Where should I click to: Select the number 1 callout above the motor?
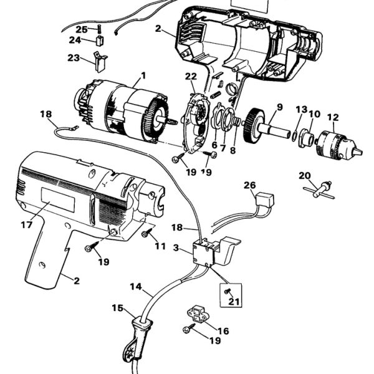pos(143,76)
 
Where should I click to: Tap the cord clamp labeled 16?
pos(198,315)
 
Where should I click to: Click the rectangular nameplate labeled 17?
pos(59,206)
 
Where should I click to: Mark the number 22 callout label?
pos(191,76)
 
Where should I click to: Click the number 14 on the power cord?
pos(135,288)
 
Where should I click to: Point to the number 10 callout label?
pos(314,114)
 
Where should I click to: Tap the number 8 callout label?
pos(233,150)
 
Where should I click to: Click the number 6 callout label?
pos(214,146)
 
